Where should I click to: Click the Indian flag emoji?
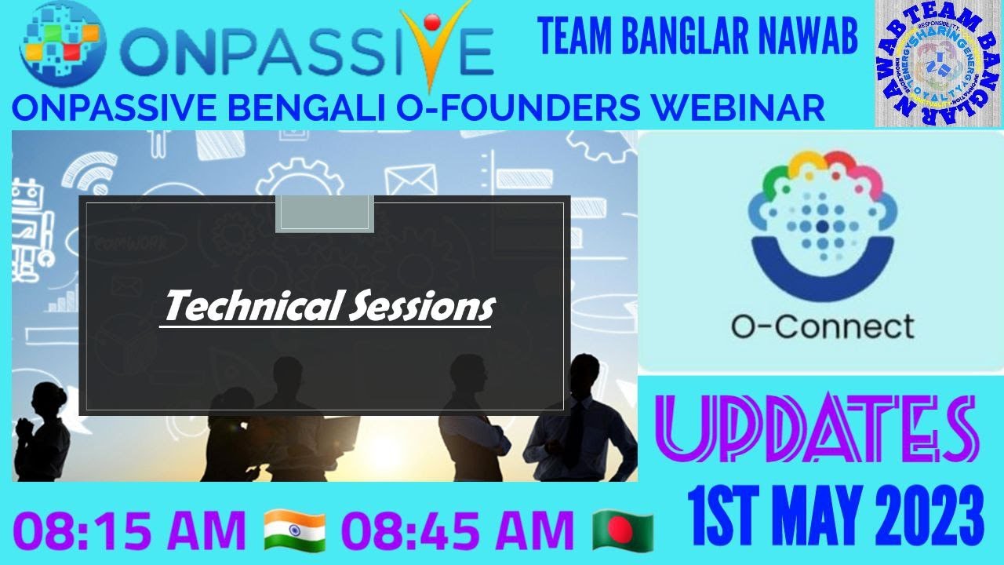point(295,530)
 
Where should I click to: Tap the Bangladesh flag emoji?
point(624,530)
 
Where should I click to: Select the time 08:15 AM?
point(129,531)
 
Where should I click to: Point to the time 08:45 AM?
point(460,531)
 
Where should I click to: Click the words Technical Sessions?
point(329,306)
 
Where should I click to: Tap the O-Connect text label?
point(822,326)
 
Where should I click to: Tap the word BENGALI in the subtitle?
point(300,108)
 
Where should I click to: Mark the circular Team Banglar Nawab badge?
point(939,64)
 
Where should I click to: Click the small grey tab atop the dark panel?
point(324,214)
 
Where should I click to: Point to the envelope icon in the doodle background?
point(409,180)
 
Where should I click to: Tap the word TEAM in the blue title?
point(577,38)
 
